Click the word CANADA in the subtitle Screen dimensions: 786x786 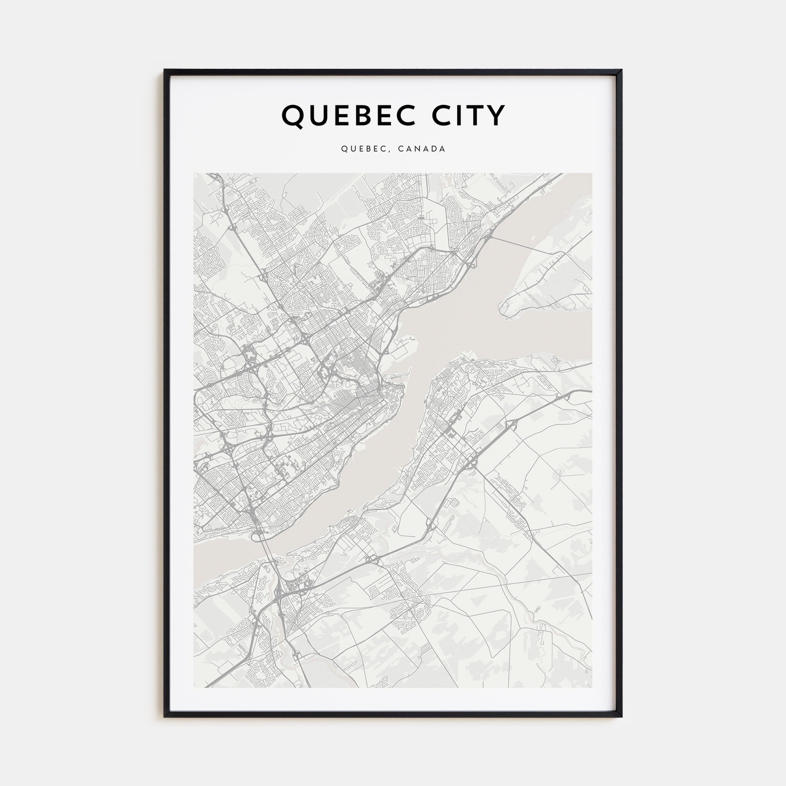pyautogui.click(x=421, y=149)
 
